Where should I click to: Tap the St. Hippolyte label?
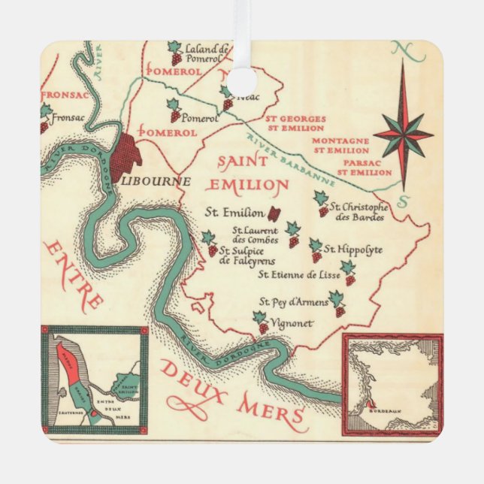click(352, 250)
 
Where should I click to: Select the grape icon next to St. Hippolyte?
click(316, 250)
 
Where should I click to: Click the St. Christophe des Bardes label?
click(358, 212)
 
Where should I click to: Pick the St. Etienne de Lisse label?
click(299, 275)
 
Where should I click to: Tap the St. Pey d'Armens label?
click(294, 302)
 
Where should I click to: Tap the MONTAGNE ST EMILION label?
click(340, 145)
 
